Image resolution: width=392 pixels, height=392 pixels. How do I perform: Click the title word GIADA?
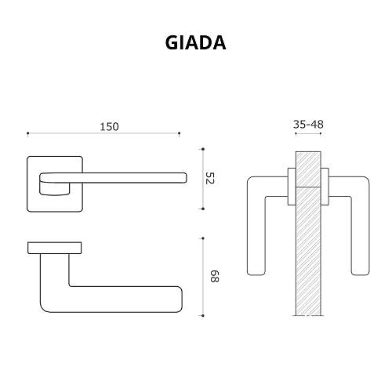tap(195, 42)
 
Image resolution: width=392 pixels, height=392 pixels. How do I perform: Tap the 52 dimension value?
tap(209, 178)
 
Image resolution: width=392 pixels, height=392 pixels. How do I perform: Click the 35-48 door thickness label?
tap(308, 124)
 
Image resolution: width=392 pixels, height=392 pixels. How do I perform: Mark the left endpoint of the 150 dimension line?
tap(28, 134)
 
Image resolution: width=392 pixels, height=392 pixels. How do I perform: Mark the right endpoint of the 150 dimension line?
tap(180, 134)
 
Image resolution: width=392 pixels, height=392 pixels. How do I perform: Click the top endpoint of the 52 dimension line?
tap(203, 147)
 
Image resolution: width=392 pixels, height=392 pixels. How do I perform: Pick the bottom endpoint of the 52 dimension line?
tap(203, 209)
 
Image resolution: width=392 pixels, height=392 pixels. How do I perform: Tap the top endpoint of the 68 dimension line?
tap(203, 236)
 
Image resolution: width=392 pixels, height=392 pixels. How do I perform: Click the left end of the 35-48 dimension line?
tap(295, 134)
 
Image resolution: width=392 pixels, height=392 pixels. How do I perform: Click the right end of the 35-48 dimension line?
tap(323, 134)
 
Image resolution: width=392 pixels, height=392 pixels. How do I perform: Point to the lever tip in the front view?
tap(182, 178)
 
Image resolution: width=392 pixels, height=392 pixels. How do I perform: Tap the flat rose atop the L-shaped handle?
tap(55, 248)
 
